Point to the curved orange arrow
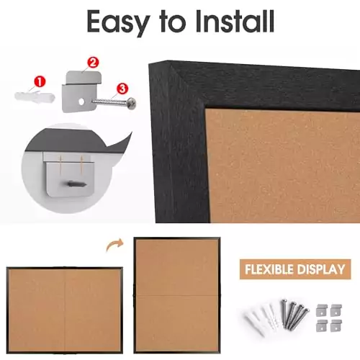[113, 246]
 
